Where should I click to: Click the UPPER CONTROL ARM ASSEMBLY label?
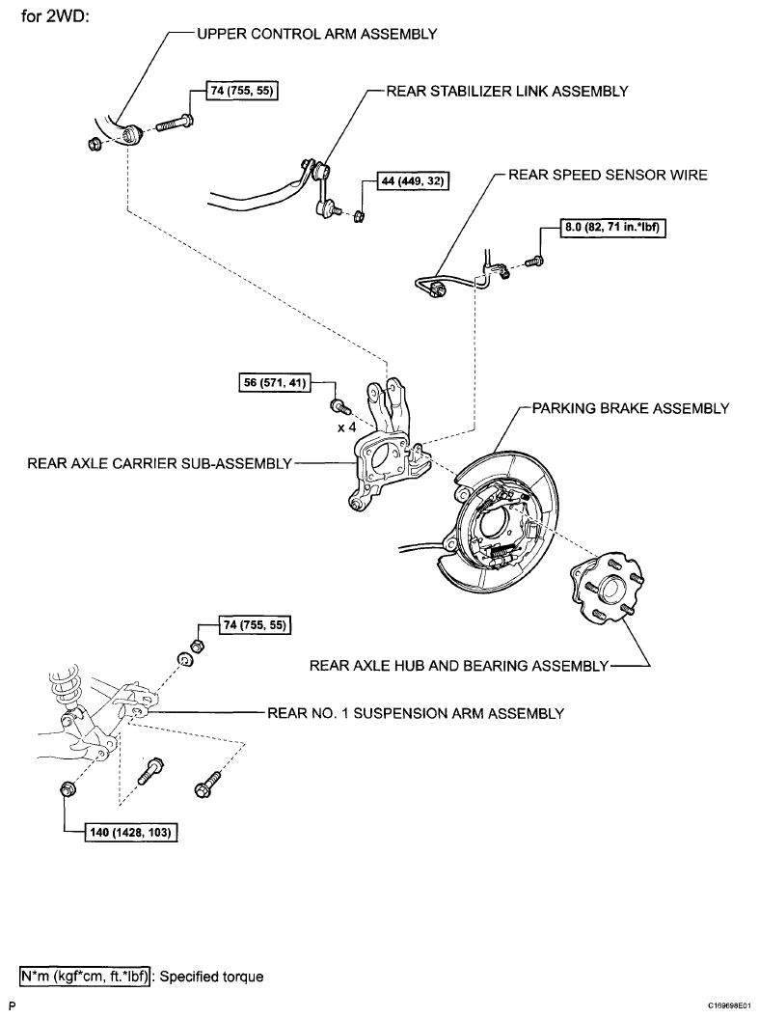[x=317, y=35]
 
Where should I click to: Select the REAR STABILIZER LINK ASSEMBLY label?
[x=507, y=92]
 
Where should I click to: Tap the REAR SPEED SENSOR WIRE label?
[x=608, y=175]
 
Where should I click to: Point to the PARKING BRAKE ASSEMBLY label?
[x=631, y=409]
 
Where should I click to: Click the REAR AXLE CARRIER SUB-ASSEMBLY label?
[x=160, y=464]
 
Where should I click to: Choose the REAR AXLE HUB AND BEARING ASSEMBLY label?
[x=459, y=666]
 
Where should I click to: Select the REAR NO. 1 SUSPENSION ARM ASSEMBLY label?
[x=416, y=713]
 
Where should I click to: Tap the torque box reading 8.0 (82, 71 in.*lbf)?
[x=612, y=228]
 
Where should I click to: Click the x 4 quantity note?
[x=347, y=427]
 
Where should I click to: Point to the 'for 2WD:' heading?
[x=55, y=15]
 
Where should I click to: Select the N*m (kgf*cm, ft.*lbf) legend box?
[x=85, y=977]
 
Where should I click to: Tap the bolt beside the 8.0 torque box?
[x=534, y=262]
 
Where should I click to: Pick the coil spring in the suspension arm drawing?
[x=63, y=688]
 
